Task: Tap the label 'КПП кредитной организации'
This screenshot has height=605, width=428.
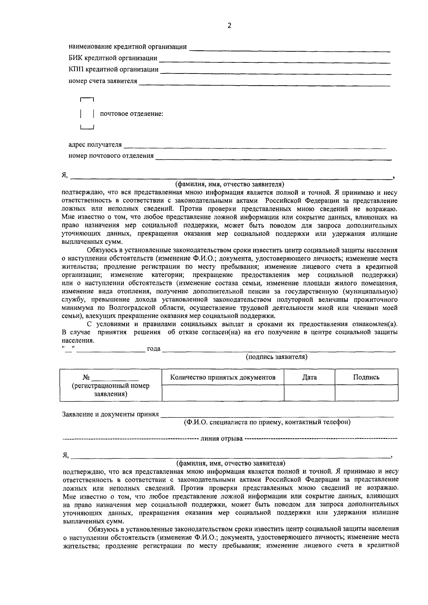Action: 113,70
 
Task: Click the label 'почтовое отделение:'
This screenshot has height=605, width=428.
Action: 132,114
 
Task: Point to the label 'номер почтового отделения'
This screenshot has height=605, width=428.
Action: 111,156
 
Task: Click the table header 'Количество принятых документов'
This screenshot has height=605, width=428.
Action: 223,377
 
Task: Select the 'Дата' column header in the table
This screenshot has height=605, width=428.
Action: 309,377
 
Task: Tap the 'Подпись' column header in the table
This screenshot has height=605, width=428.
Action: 366,377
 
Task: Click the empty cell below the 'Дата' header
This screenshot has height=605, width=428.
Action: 309,393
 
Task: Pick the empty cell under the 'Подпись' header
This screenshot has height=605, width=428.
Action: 366,393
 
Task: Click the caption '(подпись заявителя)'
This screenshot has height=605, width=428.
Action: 277,357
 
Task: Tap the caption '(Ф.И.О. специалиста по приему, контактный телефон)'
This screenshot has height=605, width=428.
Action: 267,422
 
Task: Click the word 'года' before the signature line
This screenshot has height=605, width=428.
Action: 154,349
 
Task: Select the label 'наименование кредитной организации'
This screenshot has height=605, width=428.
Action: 128,47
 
